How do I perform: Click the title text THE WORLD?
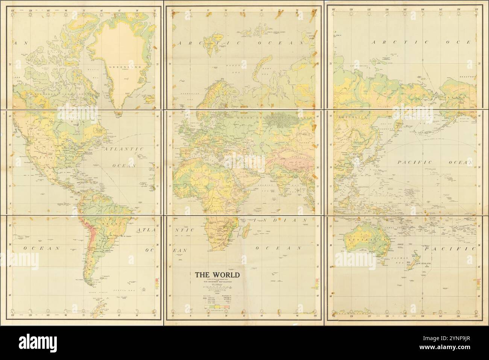(x=217, y=274)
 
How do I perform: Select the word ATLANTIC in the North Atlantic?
(x=125, y=150)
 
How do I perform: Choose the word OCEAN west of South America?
(x=42, y=248)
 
